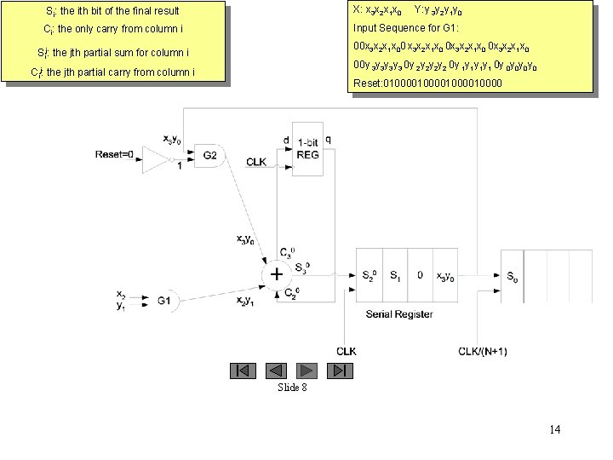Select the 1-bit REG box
(x=306, y=148)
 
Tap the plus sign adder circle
(x=277, y=275)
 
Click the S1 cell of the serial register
(x=395, y=276)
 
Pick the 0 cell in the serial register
(x=420, y=276)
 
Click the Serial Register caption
(x=398, y=314)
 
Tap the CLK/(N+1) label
(x=482, y=351)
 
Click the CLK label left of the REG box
(x=257, y=161)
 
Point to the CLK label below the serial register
(x=347, y=351)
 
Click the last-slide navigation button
(x=341, y=371)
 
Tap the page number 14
(x=555, y=429)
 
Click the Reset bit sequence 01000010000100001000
(x=427, y=83)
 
